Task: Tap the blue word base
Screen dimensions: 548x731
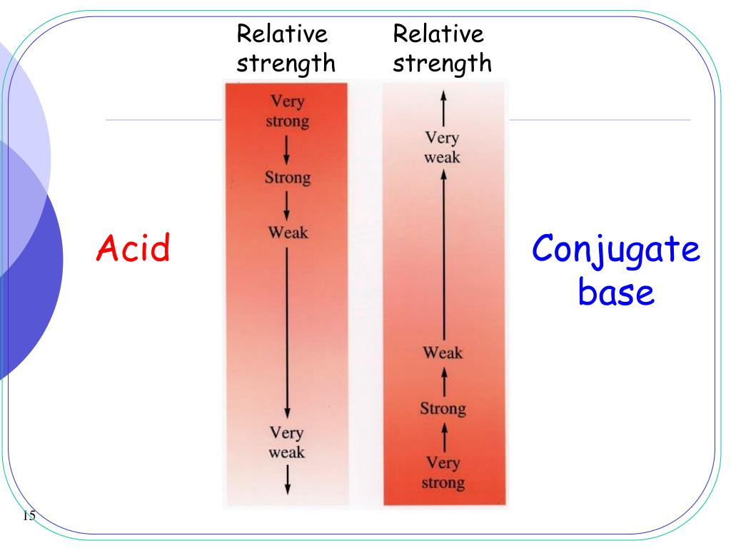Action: [615, 292]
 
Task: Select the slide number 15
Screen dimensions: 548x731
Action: [29, 516]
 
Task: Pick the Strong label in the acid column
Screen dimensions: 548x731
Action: [286, 177]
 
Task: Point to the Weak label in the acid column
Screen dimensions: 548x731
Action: [287, 233]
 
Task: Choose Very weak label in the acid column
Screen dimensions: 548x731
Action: [287, 442]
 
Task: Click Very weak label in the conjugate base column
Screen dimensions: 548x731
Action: [443, 147]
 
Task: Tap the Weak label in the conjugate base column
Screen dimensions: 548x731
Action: [443, 352]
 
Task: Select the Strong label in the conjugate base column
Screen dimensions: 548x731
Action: [443, 409]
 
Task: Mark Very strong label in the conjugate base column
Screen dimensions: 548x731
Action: [443, 473]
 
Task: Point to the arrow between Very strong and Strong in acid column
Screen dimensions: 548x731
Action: [287, 148]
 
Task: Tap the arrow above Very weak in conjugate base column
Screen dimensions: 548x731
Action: [443, 108]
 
